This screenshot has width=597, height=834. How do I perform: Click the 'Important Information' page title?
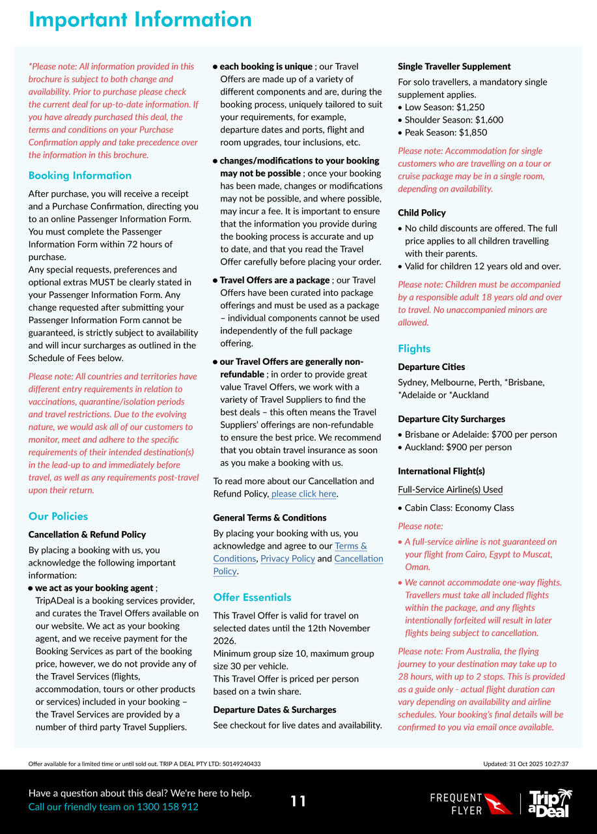coord(140,20)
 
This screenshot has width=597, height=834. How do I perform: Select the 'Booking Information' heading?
coord(80,175)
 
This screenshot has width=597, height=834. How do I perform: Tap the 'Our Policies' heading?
coord(58,516)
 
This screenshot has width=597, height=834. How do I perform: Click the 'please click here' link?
coord(303,494)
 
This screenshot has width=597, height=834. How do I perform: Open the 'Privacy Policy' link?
coord(288,558)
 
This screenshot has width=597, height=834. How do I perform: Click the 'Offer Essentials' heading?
coord(252,597)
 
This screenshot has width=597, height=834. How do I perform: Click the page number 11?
coord(298,801)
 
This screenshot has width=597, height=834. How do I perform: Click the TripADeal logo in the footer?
coord(549,803)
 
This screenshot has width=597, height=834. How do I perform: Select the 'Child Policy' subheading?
coord(422,212)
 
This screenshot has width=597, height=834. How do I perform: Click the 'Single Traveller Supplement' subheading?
coord(454,66)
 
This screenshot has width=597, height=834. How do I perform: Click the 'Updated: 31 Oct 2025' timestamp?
coord(525,764)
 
